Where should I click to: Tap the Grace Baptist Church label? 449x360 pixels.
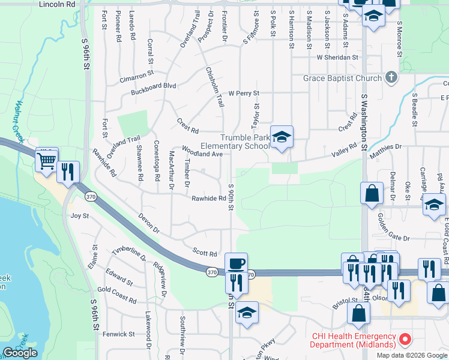tap(342, 78)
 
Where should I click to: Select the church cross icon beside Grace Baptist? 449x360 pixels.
tap(391, 77)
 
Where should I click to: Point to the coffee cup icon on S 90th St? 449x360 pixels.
tap(235, 263)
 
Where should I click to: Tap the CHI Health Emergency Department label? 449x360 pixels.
tap(353, 340)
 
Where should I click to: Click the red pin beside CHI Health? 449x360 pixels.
tap(405, 340)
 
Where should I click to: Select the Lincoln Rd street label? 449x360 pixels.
tap(57, 4)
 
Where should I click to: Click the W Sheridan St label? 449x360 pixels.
tap(337, 58)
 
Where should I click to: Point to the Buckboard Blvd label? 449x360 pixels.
tap(154, 86)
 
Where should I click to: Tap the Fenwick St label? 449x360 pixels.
tap(119, 334)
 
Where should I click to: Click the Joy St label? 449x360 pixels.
tap(80, 215)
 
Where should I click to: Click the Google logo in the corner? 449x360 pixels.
tap(20, 353)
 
